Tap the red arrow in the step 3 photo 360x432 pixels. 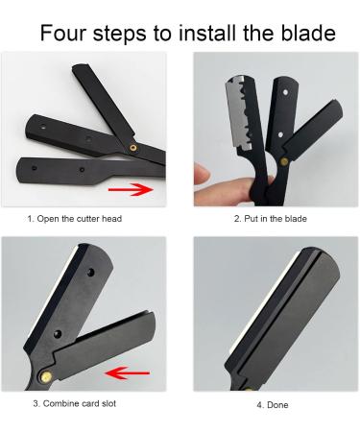(126, 372)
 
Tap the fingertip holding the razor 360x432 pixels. (204, 173)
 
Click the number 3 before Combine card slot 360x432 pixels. (36, 402)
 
